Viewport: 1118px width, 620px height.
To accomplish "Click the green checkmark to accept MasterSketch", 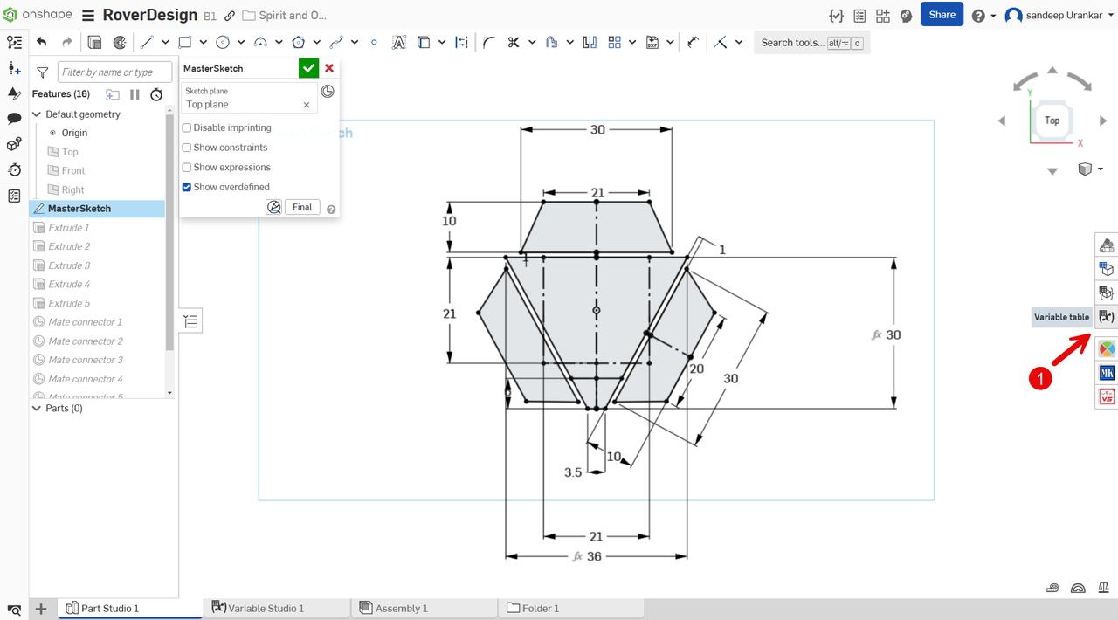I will coord(308,68).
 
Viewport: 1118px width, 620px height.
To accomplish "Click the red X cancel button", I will coord(329,68).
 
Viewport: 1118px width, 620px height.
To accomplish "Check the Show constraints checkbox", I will coord(187,148).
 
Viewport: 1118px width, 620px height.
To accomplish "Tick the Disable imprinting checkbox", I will coord(187,127).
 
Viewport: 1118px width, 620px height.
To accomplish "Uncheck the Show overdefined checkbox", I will coord(187,187).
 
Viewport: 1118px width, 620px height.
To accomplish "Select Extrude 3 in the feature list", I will coord(69,265).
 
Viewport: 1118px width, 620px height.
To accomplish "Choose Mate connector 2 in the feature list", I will coord(85,341).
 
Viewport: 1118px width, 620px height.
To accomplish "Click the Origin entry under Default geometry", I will coord(74,133).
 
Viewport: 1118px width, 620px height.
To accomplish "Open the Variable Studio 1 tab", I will coord(266,609).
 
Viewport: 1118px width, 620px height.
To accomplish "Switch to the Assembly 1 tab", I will coord(401,609).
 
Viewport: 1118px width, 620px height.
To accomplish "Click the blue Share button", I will coord(942,15).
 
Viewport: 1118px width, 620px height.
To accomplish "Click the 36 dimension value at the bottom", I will coord(594,556).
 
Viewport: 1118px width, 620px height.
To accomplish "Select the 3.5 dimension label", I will coord(573,472).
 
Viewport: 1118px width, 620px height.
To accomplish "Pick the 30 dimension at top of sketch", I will coord(597,129).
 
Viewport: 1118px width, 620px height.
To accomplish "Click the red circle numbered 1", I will coord(1039,378).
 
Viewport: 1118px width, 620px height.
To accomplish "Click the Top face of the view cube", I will coord(1052,121).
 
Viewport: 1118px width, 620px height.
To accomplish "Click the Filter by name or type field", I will coord(114,72).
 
